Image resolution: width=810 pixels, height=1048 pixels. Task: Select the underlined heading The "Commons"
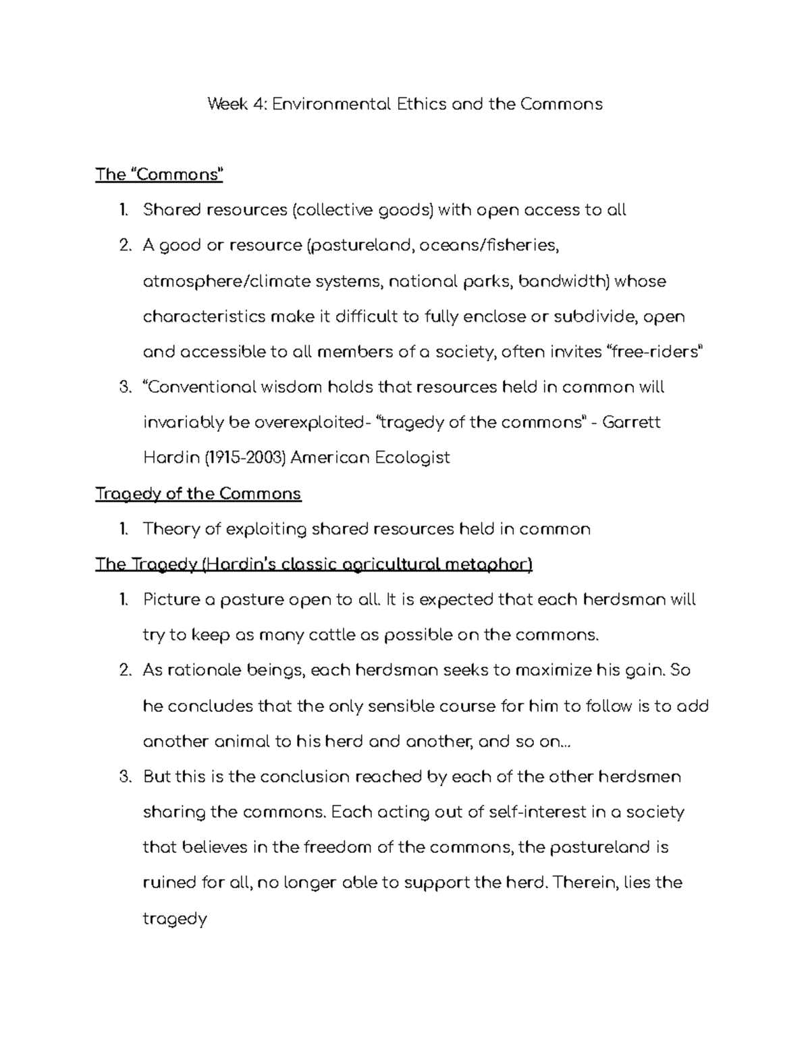(x=159, y=175)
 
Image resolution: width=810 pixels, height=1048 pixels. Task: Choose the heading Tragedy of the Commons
(x=198, y=494)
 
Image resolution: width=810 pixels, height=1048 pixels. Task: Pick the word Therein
(x=583, y=883)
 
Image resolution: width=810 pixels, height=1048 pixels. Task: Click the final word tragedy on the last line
(x=174, y=919)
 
